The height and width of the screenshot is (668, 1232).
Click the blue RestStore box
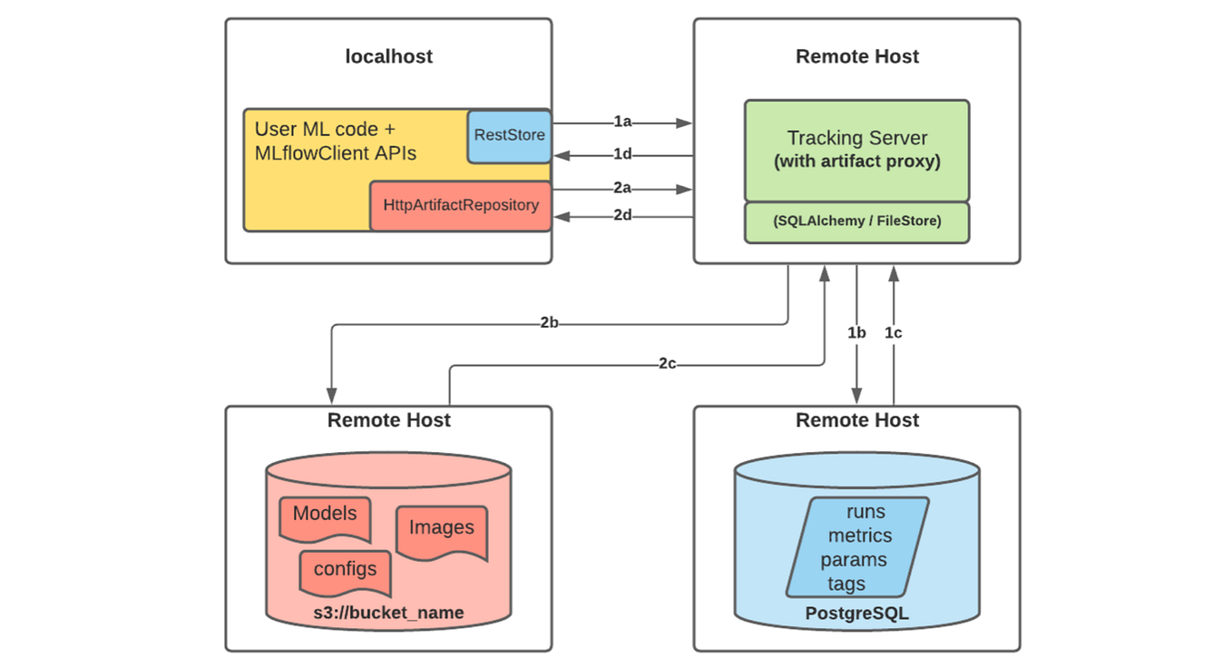pos(509,135)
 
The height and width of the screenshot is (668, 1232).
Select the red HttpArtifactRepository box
pos(460,205)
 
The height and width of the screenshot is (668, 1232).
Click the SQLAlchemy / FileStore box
pos(856,221)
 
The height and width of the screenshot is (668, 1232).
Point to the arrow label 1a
pos(622,122)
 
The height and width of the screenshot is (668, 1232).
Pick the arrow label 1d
pos(622,154)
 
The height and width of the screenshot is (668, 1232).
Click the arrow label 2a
pos(622,189)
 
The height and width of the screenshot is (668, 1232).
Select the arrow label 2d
pos(622,216)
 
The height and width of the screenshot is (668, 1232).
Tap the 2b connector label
pos(549,323)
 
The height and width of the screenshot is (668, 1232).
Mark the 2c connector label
pos(668,364)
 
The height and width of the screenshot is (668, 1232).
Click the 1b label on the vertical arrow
pos(856,333)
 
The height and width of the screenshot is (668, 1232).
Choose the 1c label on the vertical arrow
pos(894,333)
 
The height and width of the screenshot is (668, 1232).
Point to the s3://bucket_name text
pos(388,614)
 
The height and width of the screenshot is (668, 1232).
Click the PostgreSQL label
pos(856,614)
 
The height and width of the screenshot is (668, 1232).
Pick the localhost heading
pos(388,56)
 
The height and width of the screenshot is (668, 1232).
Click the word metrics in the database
pos(859,535)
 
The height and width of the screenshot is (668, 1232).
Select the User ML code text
pos(325,130)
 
